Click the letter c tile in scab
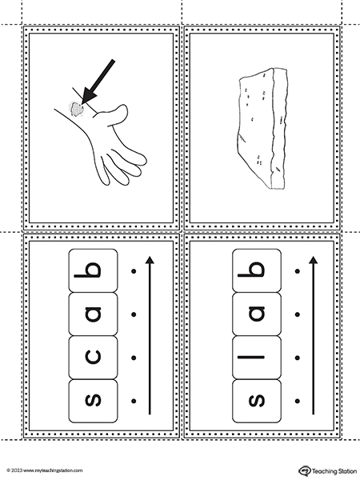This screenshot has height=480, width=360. coord(93,358)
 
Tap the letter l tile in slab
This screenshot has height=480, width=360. coord(257,358)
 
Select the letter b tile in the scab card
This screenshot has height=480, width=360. coord(93,270)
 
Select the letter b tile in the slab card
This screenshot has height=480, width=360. coord(257,270)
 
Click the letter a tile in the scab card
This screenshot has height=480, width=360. coord(93,314)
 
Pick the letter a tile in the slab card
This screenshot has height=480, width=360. coord(257,314)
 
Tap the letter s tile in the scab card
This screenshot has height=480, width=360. coord(93,401)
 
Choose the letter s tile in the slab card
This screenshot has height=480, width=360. coord(257,401)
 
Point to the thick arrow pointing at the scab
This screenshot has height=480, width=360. coord(98,81)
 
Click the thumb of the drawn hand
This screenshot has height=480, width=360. coord(114,114)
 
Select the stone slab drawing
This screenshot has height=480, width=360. coord(262,128)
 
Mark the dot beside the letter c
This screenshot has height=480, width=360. coord(134,358)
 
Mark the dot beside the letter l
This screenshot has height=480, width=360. coord(298,358)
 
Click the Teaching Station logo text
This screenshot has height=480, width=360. coord(334,471)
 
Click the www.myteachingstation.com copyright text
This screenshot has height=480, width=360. coord(45,470)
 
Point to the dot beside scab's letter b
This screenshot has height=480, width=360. coord(134,270)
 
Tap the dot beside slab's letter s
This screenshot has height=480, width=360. coord(298,401)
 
